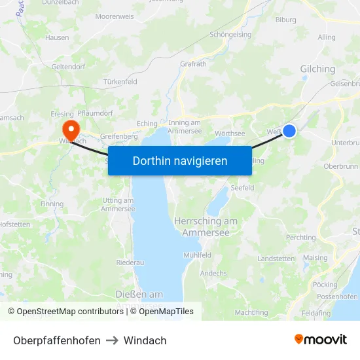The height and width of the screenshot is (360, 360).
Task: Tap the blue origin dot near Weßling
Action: (x=289, y=131)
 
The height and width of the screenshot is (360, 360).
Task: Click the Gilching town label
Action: (x=317, y=69)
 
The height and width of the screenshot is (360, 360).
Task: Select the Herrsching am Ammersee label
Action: (x=206, y=226)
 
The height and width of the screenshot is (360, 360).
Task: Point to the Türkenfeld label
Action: (x=120, y=82)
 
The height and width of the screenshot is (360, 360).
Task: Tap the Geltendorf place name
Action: (x=69, y=66)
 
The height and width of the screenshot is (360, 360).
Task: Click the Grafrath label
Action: (x=193, y=64)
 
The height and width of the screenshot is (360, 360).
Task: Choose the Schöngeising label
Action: (x=230, y=34)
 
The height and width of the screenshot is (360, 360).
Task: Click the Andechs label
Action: (x=213, y=273)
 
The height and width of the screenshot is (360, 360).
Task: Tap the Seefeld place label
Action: (x=242, y=188)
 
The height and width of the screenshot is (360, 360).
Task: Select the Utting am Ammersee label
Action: (x=118, y=204)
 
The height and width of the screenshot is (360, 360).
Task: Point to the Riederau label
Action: (x=130, y=262)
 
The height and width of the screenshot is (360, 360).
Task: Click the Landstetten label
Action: (x=276, y=259)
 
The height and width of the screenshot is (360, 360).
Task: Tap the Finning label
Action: (x=52, y=204)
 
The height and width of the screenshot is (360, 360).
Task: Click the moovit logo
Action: (x=321, y=340)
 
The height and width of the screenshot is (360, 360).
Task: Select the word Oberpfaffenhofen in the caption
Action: (x=57, y=340)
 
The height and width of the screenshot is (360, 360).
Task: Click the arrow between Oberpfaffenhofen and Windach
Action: (x=112, y=340)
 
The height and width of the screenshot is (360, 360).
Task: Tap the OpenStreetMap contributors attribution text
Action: (x=66, y=312)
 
